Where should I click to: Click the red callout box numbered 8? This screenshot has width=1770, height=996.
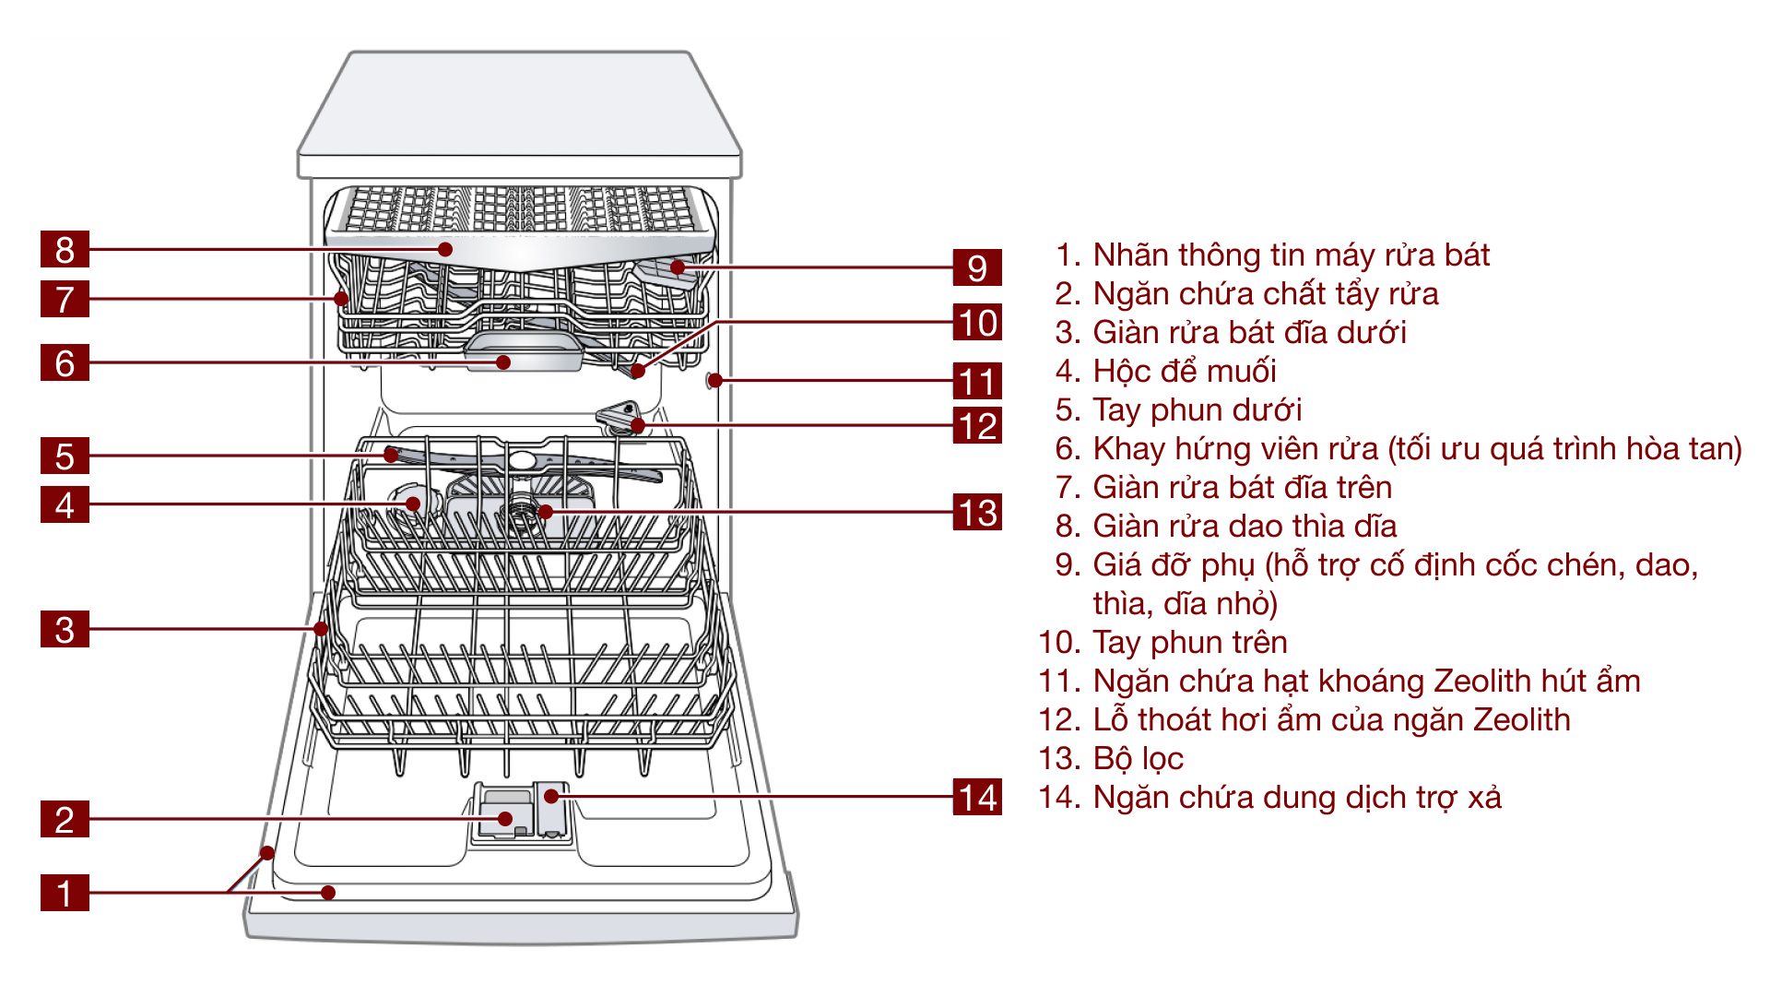(65, 249)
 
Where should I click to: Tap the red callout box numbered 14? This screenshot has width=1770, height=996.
(977, 797)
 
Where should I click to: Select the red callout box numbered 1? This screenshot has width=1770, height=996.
(65, 893)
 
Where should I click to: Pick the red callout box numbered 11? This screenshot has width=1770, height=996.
(977, 380)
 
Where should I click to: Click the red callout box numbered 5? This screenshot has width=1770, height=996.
(65, 456)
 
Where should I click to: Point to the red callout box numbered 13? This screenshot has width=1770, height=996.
(977, 512)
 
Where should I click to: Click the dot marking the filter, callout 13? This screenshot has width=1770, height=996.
(546, 512)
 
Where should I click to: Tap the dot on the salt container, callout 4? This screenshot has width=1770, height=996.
(413, 504)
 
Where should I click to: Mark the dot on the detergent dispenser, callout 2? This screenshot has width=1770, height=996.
(505, 819)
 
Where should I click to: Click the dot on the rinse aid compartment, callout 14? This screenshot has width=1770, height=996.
(551, 796)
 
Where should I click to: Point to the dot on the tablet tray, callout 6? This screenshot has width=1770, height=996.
(503, 362)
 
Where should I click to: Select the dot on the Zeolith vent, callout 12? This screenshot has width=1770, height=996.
(637, 425)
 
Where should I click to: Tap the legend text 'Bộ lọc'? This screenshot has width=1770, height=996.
(1138, 758)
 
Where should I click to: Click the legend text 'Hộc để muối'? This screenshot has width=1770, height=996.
(1184, 371)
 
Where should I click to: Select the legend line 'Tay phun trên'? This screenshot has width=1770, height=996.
(1189, 642)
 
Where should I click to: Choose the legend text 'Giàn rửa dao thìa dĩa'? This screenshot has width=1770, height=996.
(1245, 526)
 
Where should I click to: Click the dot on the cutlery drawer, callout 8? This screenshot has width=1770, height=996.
(445, 249)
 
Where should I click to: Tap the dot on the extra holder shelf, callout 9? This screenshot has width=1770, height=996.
(678, 267)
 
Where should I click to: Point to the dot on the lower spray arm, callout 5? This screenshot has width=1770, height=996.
(392, 455)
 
